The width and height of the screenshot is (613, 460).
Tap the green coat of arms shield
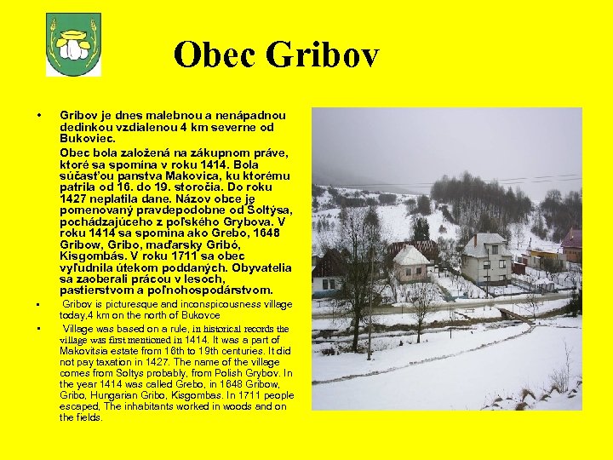(73, 44)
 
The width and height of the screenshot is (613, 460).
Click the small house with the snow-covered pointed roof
(411, 264)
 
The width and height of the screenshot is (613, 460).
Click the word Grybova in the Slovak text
(256, 221)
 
